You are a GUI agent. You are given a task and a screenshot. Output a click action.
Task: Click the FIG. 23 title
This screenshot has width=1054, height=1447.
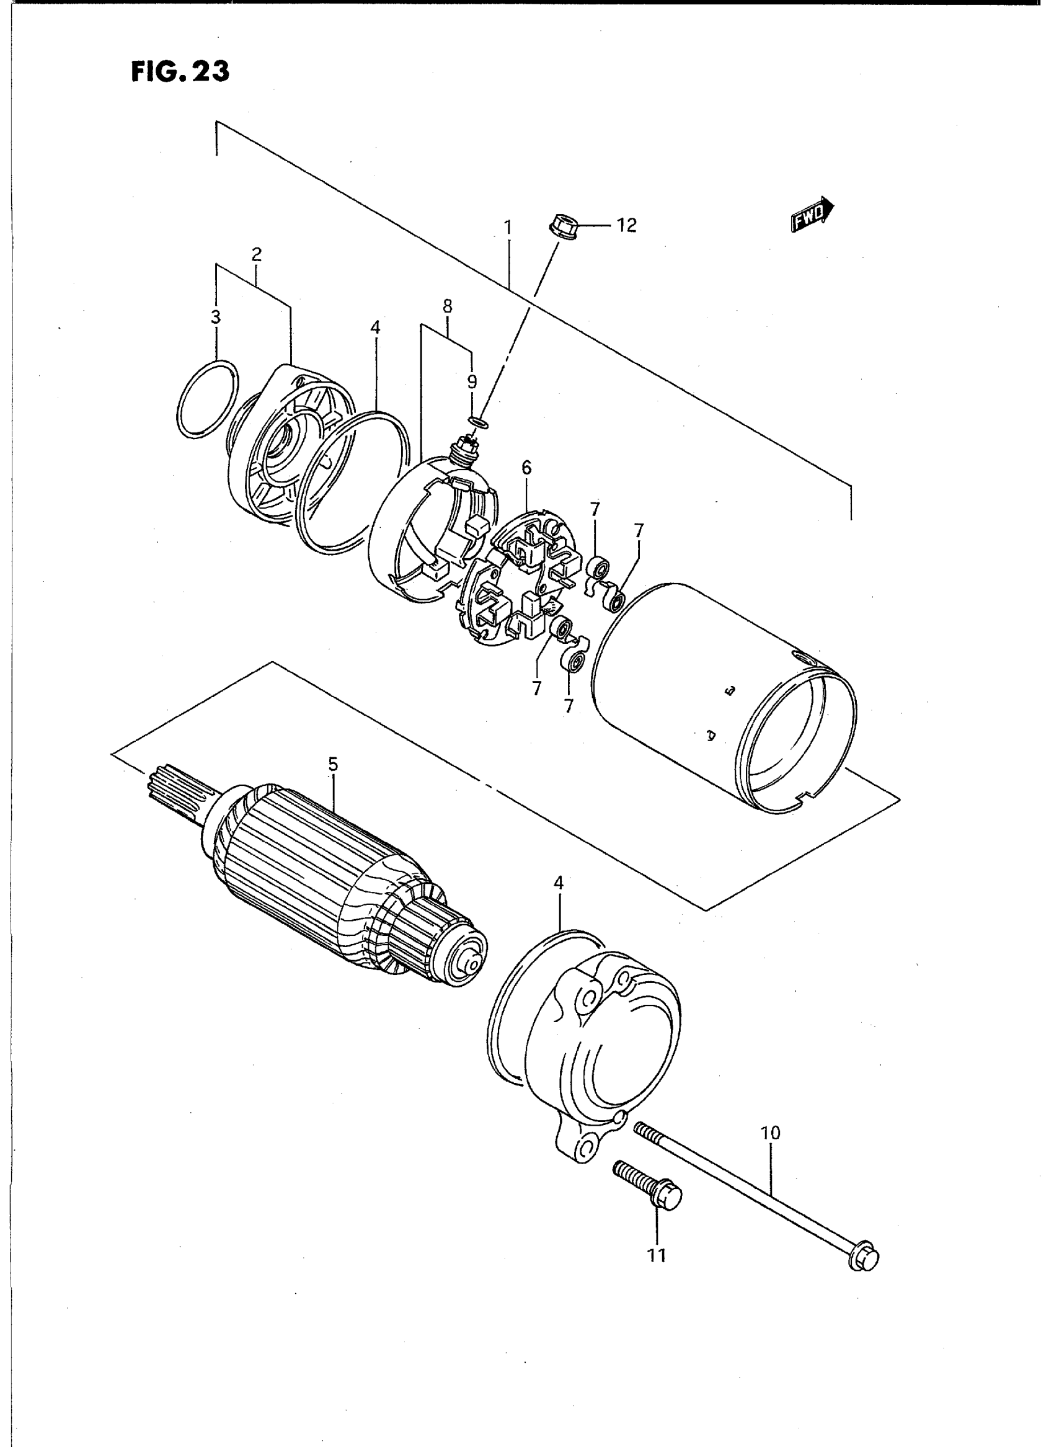(x=180, y=72)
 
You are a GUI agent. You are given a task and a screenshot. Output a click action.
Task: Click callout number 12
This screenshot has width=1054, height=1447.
(x=627, y=226)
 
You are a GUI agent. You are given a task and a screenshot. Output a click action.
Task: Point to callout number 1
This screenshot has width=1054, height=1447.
(x=508, y=227)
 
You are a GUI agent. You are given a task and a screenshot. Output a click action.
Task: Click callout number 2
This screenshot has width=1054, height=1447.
(x=257, y=256)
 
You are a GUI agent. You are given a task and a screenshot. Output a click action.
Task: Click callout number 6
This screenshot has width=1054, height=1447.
(x=526, y=468)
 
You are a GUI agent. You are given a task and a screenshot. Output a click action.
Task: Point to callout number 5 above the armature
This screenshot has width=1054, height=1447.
(x=333, y=765)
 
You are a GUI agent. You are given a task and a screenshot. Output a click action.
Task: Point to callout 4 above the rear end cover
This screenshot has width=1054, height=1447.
(x=559, y=883)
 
